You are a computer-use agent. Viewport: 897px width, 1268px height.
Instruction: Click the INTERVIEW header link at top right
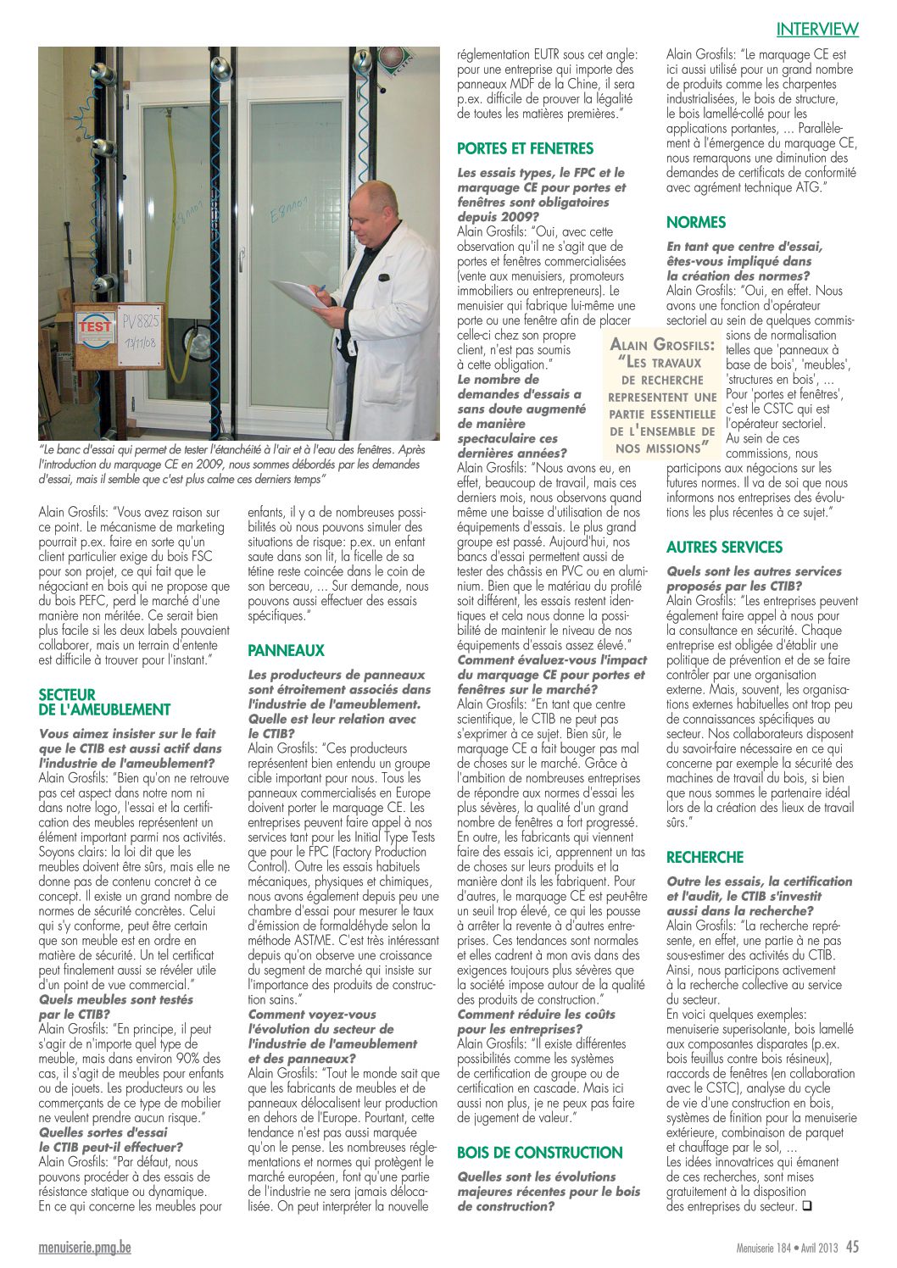coord(817,29)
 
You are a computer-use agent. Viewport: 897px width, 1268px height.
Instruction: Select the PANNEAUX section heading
coord(286,651)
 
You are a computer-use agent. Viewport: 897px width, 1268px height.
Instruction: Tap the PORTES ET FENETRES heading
coord(525,148)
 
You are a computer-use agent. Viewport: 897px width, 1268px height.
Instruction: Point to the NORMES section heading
coord(696,222)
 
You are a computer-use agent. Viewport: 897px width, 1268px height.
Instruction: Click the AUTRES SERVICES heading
coord(724,548)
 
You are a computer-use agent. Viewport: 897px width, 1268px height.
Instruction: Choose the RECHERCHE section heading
coord(705,857)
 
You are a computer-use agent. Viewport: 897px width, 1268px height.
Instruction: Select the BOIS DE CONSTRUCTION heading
coord(539,1153)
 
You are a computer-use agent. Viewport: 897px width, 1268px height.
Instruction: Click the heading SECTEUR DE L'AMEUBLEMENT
coord(104,702)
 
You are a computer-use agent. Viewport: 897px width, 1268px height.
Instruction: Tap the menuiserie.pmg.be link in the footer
coord(85,1248)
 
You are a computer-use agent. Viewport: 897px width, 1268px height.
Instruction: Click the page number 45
coord(852,1247)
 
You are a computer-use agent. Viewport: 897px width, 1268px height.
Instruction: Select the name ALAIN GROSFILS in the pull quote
coord(662,345)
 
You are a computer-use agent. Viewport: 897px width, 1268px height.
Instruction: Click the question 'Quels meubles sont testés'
coord(115,999)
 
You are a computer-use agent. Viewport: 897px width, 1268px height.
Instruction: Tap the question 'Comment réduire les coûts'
coord(536,1015)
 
